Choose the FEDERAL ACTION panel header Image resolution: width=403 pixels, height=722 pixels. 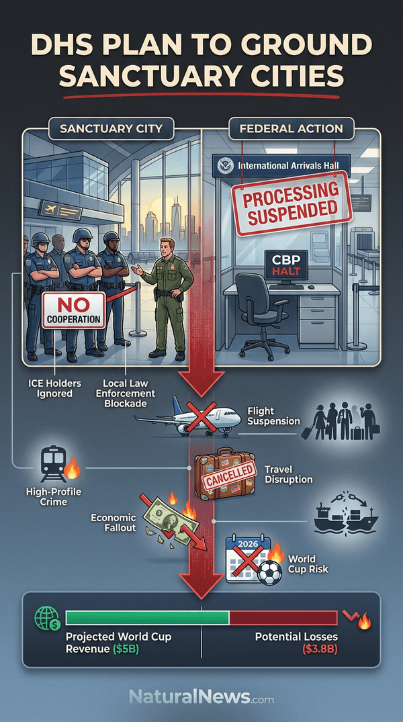pos(291,128)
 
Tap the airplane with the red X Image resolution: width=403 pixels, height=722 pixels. pos(189,417)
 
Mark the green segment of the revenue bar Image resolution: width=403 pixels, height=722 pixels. pos(147,618)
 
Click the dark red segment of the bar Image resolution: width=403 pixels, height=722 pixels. pos(283,618)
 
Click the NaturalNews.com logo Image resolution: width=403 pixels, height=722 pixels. pos(201,696)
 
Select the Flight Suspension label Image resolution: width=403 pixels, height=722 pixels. pos(273,416)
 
